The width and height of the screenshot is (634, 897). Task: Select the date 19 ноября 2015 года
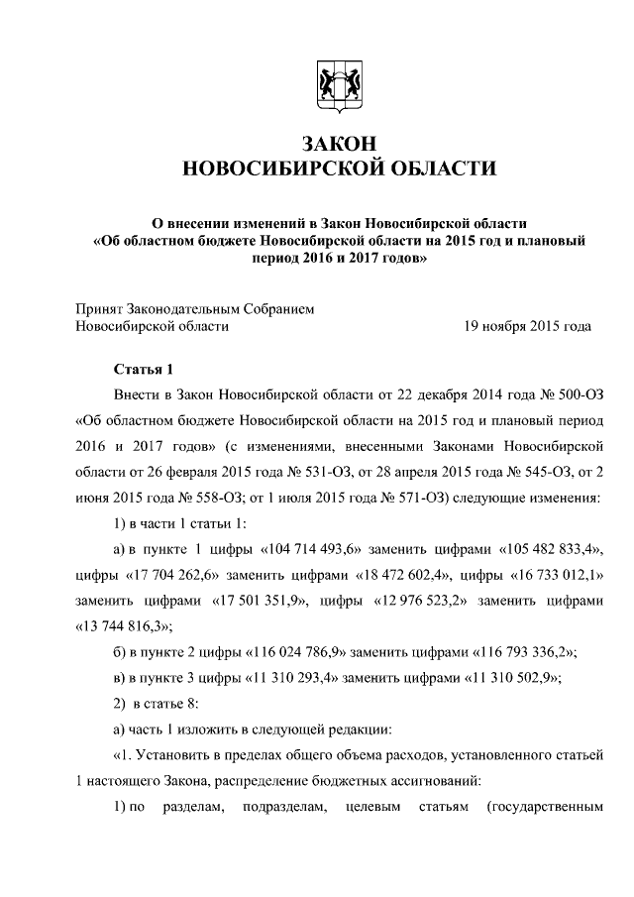click(528, 325)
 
